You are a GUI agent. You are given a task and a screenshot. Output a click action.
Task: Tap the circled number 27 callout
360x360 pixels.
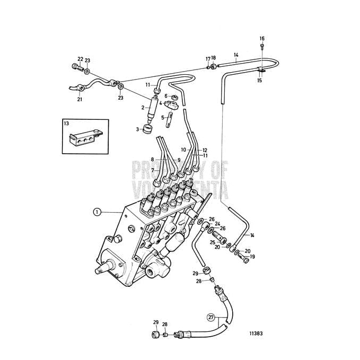[x=212, y=318]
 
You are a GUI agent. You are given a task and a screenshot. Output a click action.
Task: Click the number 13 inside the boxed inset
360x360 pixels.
[x=67, y=124]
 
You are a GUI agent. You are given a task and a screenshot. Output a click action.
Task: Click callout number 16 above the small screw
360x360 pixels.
[x=262, y=38]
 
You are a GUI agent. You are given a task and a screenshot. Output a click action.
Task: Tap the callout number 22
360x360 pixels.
[x=80, y=59]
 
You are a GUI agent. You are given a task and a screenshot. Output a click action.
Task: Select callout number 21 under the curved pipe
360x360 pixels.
[x=80, y=99]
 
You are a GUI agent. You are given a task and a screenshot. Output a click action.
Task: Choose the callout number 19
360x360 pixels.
[x=252, y=257]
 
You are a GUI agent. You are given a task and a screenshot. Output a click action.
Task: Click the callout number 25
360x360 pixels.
[x=212, y=242]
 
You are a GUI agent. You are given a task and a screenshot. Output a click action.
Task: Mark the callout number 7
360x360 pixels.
[x=152, y=170]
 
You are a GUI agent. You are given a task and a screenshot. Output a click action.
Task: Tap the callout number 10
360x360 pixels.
[x=183, y=150]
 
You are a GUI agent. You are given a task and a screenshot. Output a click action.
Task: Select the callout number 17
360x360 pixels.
[x=208, y=59]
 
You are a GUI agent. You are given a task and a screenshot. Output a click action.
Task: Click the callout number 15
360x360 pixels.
[x=259, y=81]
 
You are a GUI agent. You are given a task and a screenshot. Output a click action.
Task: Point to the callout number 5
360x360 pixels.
[x=163, y=117]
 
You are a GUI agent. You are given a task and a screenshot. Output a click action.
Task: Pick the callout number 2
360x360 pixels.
[x=143, y=108]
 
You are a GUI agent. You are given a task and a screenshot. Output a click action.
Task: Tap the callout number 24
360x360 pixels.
[x=217, y=224]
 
